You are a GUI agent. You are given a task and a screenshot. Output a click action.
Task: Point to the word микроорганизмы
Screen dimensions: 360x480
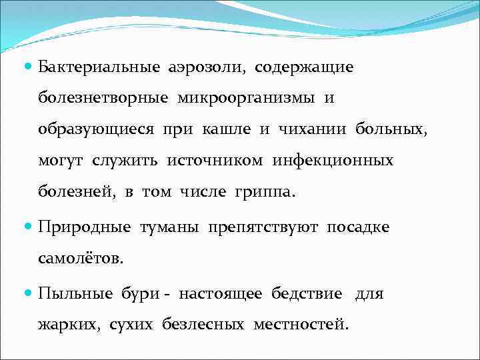(x=247, y=99)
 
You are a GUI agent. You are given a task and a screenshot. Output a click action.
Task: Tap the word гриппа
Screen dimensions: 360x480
(x=263, y=193)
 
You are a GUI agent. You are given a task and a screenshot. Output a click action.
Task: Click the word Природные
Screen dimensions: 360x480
(x=84, y=227)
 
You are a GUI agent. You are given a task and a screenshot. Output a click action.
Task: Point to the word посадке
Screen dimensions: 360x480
(x=357, y=227)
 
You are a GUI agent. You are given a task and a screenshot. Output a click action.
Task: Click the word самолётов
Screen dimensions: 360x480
(x=81, y=259)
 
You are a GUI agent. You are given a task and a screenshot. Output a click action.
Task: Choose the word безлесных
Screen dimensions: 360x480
(x=213, y=325)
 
